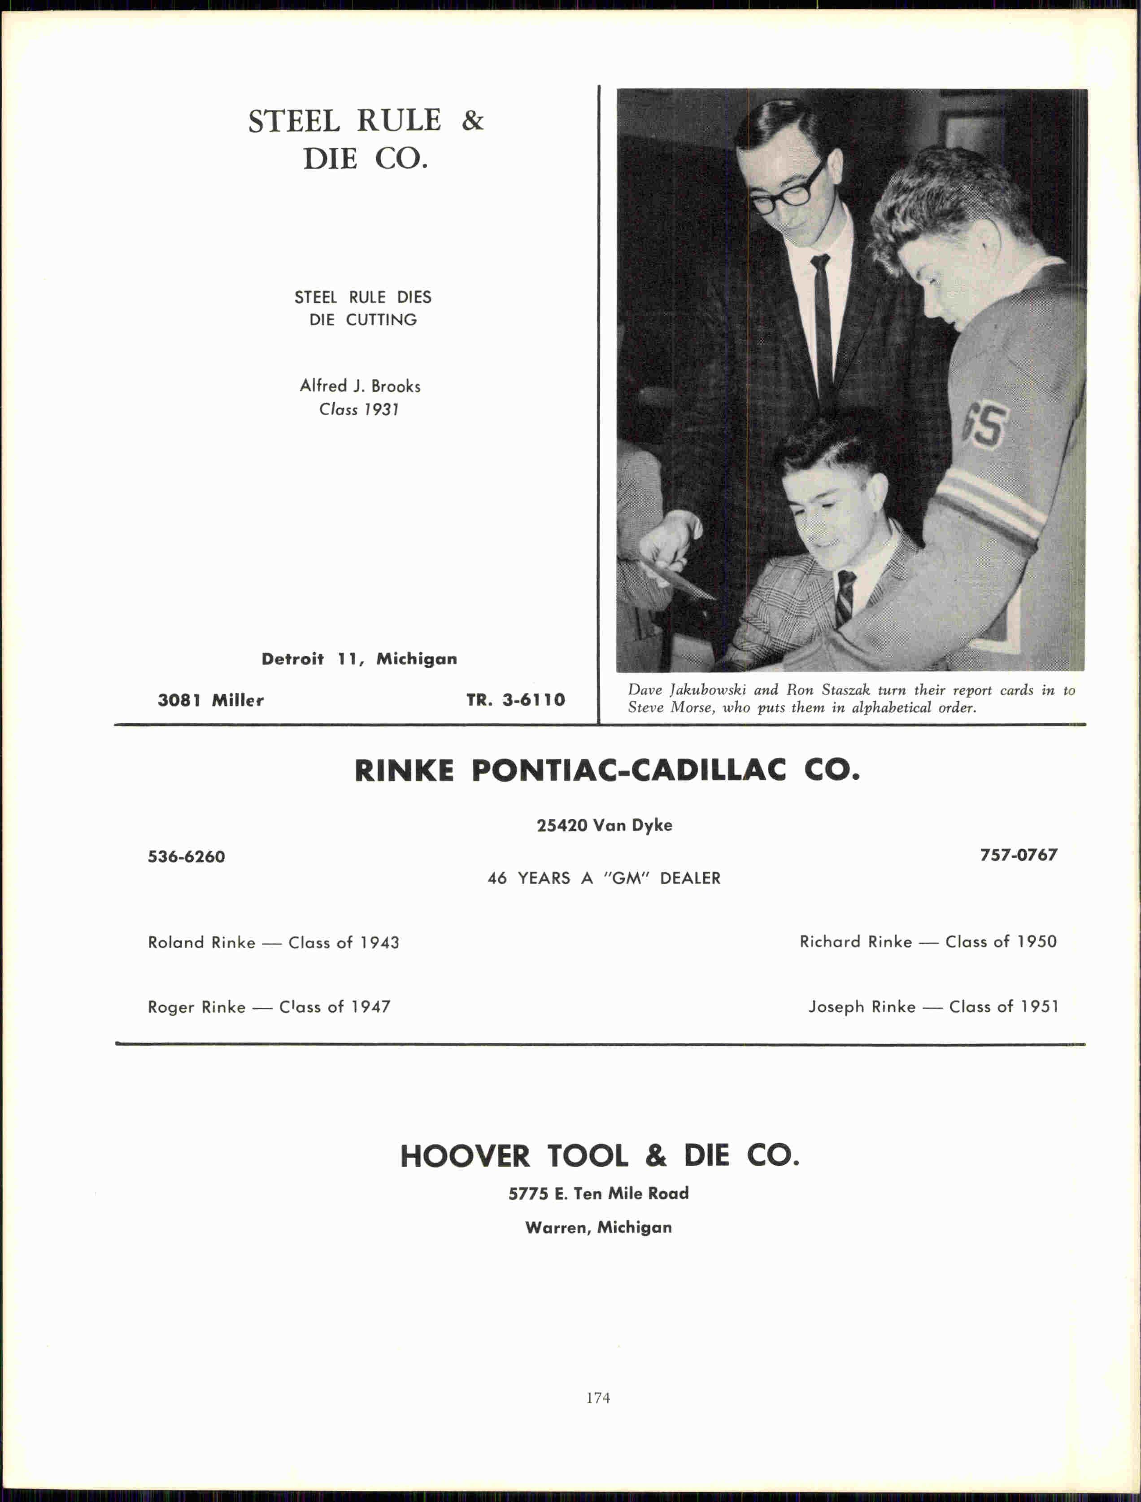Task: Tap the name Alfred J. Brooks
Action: pos(360,386)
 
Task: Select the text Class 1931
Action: pos(359,409)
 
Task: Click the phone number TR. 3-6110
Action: pos(515,700)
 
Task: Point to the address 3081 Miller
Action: pos(210,700)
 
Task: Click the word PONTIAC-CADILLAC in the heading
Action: pos(628,771)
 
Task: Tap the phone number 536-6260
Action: pos(186,856)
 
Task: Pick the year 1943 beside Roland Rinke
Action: pos(379,943)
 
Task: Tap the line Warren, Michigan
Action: pos(598,1227)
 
